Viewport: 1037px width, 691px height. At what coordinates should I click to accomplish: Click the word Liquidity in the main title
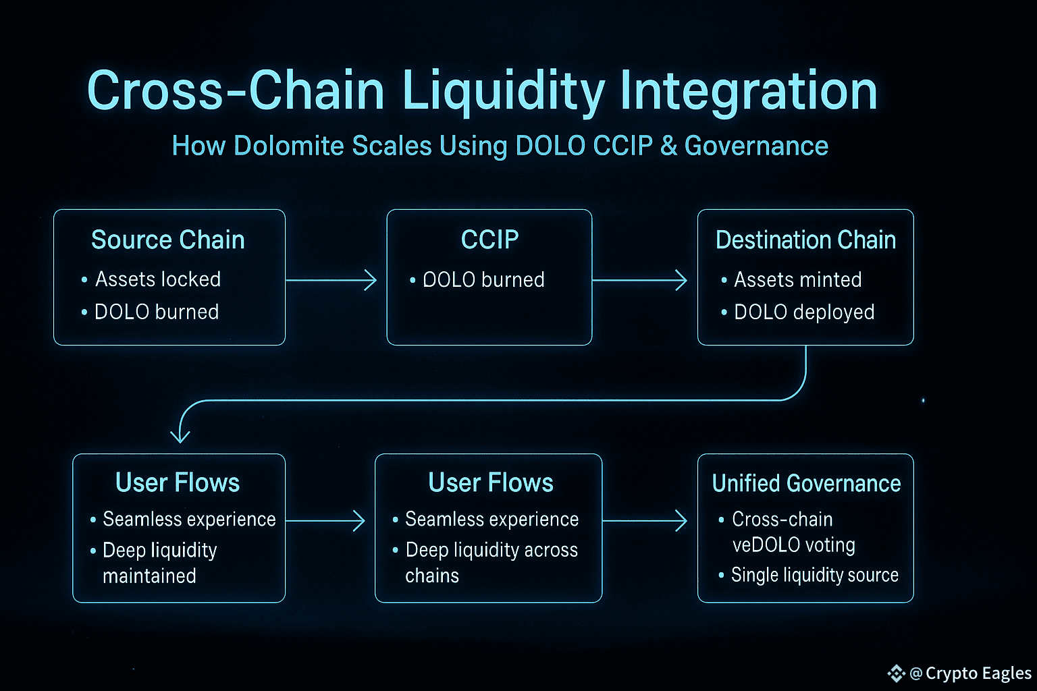coord(504,91)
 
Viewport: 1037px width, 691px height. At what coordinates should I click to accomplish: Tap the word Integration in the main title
coord(748,91)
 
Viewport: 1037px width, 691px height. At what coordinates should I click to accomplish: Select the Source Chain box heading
coord(168,240)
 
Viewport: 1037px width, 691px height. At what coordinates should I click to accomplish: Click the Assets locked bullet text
coord(158,279)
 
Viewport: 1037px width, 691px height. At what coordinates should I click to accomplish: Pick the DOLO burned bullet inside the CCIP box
coord(483,280)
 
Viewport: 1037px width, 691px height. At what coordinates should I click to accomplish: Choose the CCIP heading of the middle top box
coord(489,240)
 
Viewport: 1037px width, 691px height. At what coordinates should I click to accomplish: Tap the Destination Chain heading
coord(805,240)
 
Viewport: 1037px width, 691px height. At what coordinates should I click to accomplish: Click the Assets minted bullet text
coord(797,279)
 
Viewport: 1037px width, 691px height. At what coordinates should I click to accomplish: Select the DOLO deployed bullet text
coord(804,312)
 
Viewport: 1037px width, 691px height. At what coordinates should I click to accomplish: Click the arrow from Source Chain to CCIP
coord(331,279)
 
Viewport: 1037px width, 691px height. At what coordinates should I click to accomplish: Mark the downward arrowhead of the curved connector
coord(180,435)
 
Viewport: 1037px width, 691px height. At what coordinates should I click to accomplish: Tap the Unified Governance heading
coord(806,484)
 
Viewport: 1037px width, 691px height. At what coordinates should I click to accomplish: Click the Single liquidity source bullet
coord(815,575)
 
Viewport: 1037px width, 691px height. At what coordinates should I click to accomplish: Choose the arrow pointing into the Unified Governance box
coord(645,520)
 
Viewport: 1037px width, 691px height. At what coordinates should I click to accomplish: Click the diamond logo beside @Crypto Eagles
coord(896,673)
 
